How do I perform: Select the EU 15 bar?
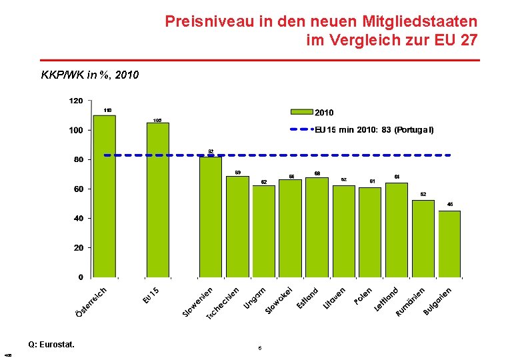pos(157,199)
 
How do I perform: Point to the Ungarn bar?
pos(263,231)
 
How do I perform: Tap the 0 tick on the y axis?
pos(81,277)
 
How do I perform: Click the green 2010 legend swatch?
pos(301,113)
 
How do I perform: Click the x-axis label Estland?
pos(308,298)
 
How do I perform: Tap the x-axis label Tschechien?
pos(223,302)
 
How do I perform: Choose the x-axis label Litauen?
pos(335,298)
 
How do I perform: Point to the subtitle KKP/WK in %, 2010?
pos(90,75)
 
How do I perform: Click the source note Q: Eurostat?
pos(51,345)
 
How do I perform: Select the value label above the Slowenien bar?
pos(211,151)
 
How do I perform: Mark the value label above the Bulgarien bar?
pos(449,204)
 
